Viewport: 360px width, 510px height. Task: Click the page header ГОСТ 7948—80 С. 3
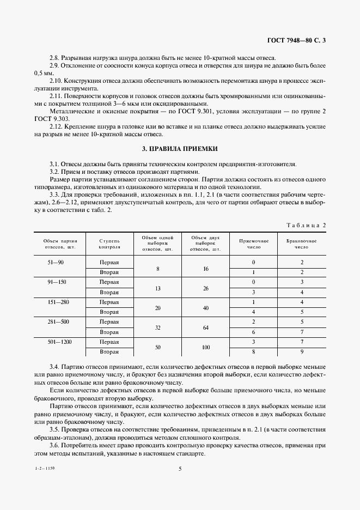[300, 40]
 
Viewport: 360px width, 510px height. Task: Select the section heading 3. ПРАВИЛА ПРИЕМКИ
[179, 149]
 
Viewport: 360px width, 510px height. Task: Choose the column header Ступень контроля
[109, 244]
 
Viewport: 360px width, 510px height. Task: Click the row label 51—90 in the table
[56, 263]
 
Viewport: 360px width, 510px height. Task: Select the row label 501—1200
[56, 342]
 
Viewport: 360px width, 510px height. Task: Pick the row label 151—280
[56, 302]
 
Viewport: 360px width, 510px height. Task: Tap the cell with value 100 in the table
[205, 347]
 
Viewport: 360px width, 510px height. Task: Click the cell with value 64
[205, 327]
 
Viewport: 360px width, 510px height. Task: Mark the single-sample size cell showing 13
[157, 288]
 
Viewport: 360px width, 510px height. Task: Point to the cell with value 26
[205, 288]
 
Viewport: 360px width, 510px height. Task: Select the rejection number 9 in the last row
[301, 352]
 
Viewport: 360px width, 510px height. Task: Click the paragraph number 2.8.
[55, 58]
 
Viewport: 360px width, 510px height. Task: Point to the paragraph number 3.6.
[55, 446]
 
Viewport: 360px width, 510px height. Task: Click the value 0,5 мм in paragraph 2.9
[43, 72]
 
